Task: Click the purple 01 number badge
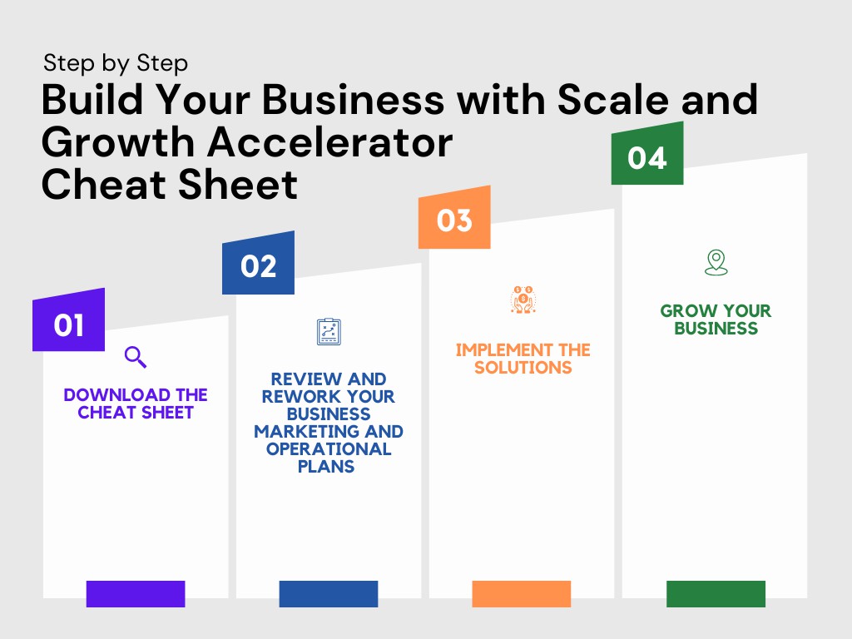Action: click(68, 321)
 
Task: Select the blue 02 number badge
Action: click(258, 264)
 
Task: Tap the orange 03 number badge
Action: click(454, 218)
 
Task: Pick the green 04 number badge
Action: click(647, 155)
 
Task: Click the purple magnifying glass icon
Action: click(136, 357)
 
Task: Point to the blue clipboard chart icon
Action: click(329, 331)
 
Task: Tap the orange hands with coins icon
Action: click(523, 300)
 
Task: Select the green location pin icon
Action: click(716, 262)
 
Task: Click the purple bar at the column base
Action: click(136, 593)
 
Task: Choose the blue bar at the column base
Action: click(329, 593)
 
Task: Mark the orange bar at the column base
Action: click(522, 593)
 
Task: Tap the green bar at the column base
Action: click(716, 593)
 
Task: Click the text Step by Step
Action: click(116, 63)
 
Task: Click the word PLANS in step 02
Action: click(326, 467)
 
